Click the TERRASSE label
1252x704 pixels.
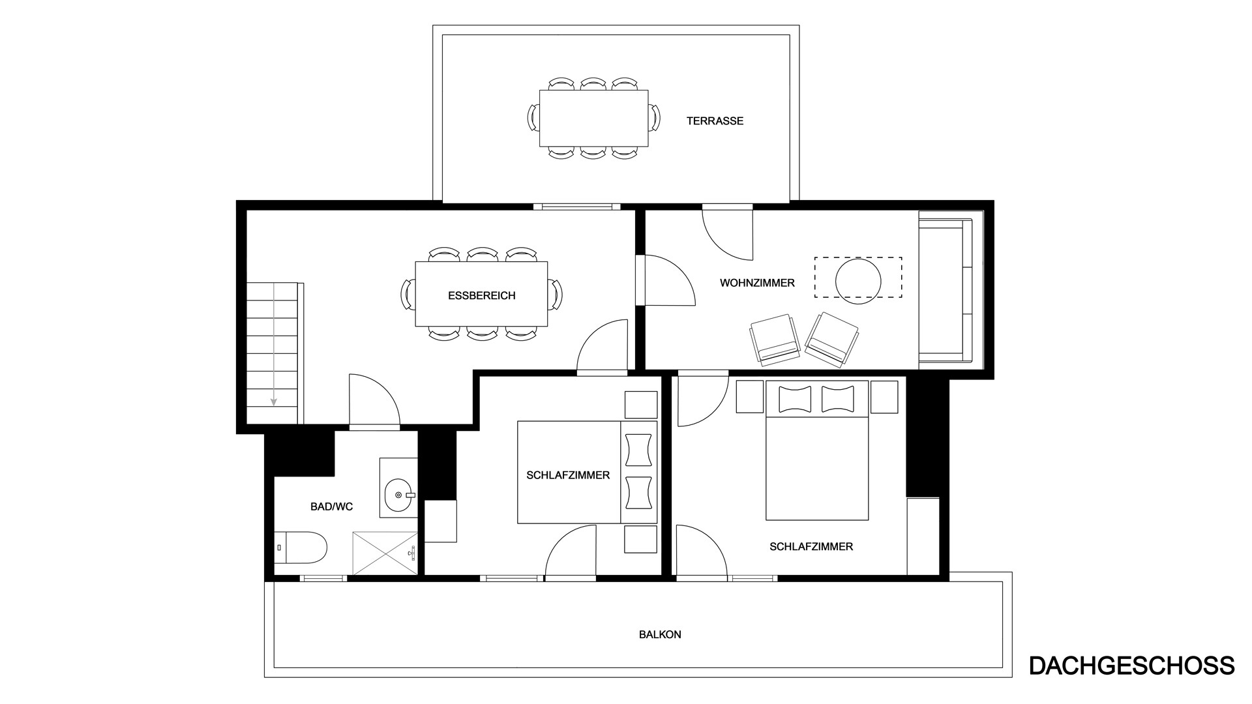click(x=715, y=121)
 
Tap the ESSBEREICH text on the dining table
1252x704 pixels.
click(x=481, y=296)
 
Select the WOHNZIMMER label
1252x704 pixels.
click(x=757, y=283)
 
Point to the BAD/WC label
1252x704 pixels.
click(x=331, y=506)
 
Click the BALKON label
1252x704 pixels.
click(x=660, y=634)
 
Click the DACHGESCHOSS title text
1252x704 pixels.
click(x=1131, y=666)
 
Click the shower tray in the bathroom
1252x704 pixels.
click(x=385, y=553)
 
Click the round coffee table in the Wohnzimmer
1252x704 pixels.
click(x=858, y=281)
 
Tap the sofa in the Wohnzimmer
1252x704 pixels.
click(x=946, y=287)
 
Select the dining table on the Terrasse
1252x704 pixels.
click(x=594, y=119)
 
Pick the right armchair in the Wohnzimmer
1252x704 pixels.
click(x=832, y=337)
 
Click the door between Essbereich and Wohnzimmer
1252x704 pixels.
click(x=668, y=280)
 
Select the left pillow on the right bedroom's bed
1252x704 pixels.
click(x=794, y=398)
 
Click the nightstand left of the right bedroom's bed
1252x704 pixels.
click(x=749, y=396)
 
